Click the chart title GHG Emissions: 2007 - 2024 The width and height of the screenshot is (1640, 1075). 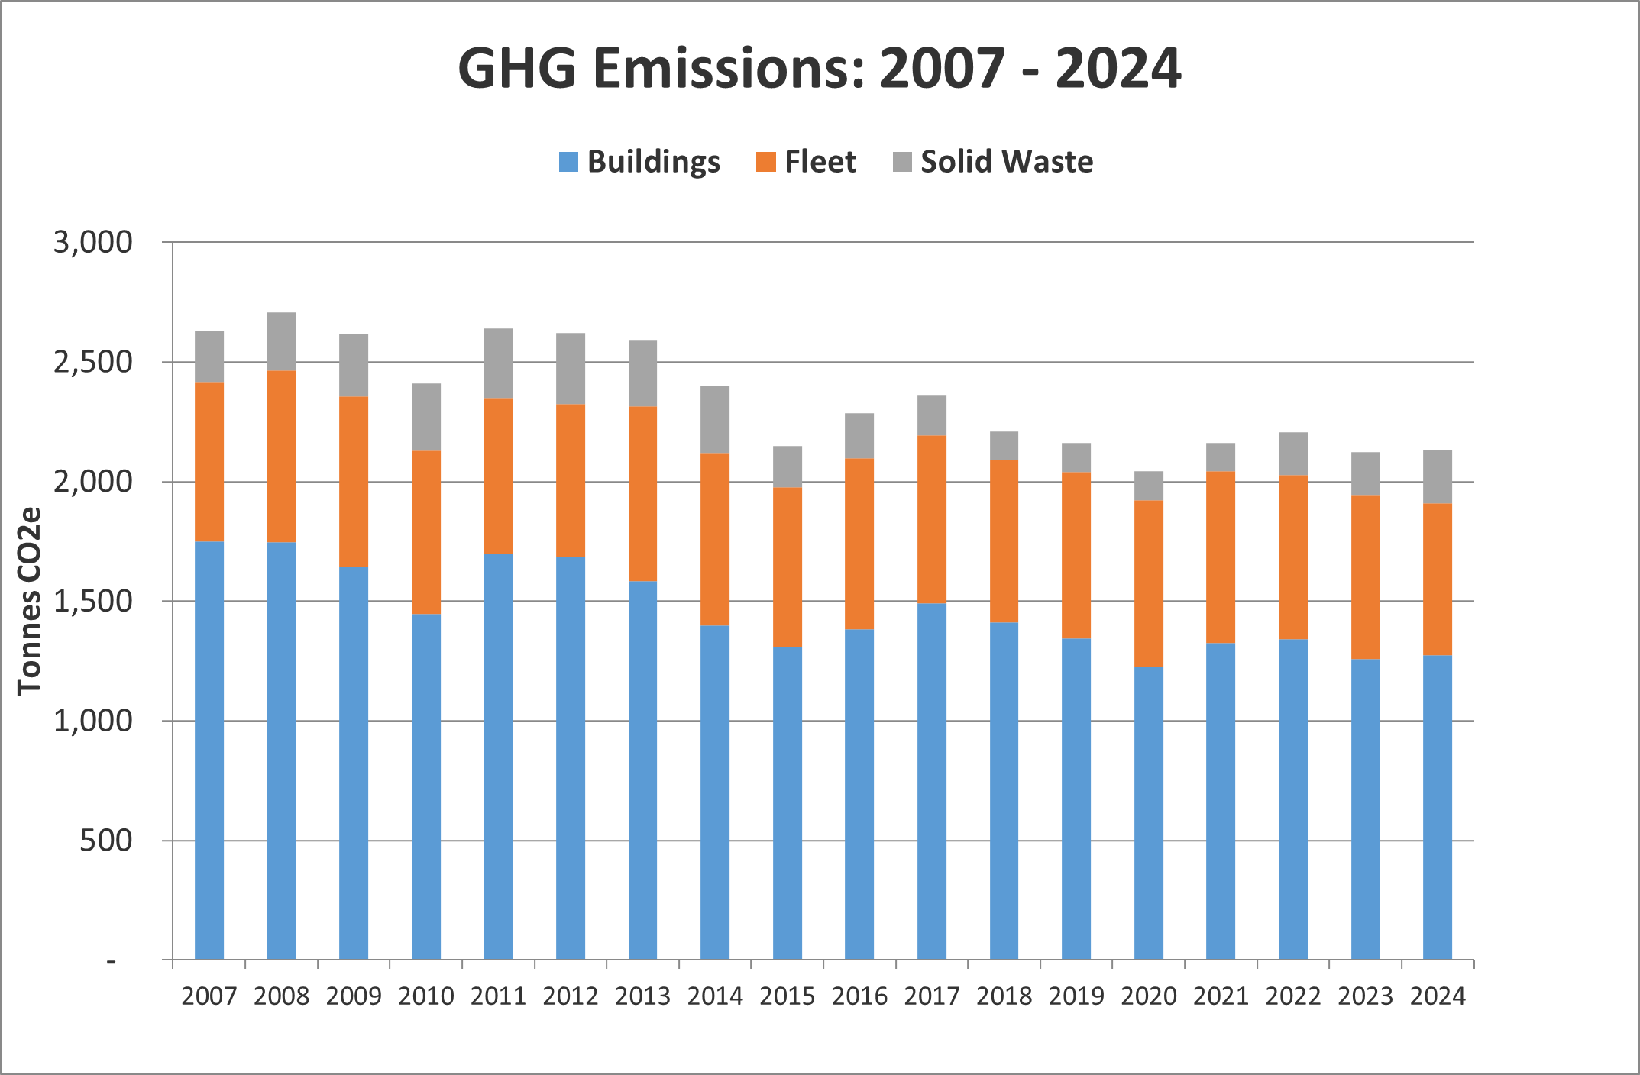(x=819, y=69)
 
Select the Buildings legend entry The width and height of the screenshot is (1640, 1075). (x=639, y=162)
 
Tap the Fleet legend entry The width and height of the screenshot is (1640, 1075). (x=806, y=162)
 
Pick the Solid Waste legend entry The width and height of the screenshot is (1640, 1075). (x=993, y=162)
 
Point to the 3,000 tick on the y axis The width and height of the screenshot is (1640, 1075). (x=92, y=242)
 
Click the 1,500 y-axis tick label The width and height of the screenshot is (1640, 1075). (x=92, y=602)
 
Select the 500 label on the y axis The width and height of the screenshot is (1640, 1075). (x=105, y=841)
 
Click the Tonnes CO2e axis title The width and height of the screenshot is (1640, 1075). (x=29, y=601)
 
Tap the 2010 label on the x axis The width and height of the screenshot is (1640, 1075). (x=425, y=996)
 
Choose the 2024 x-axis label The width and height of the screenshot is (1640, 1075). (x=1438, y=996)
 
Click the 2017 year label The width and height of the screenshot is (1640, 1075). (x=932, y=996)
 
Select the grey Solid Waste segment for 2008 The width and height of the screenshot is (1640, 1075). (x=281, y=341)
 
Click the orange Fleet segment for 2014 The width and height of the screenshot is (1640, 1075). (x=715, y=539)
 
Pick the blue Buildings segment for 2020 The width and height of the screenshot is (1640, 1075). (x=1148, y=813)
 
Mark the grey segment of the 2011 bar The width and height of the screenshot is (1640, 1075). (x=498, y=363)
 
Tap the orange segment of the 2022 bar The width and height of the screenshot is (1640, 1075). (x=1292, y=557)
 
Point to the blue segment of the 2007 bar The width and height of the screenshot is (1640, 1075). (x=209, y=751)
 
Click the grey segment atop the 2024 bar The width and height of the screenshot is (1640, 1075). (x=1438, y=476)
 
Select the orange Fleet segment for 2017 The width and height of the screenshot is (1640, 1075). (x=932, y=519)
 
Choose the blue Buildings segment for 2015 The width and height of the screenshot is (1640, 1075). (x=788, y=803)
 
